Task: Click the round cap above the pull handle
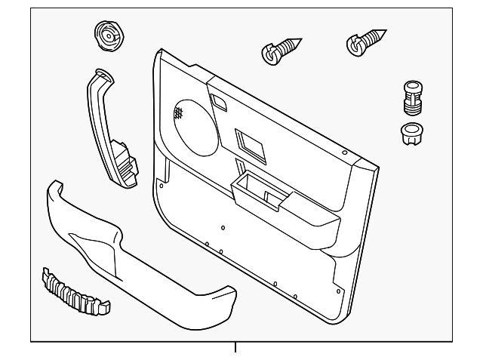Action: (x=107, y=35)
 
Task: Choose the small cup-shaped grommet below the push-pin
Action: (x=411, y=133)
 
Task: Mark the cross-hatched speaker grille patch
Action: (x=179, y=114)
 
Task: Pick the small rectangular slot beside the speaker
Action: (x=219, y=100)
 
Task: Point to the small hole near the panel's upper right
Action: (x=344, y=153)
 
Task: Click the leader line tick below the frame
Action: (x=235, y=348)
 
